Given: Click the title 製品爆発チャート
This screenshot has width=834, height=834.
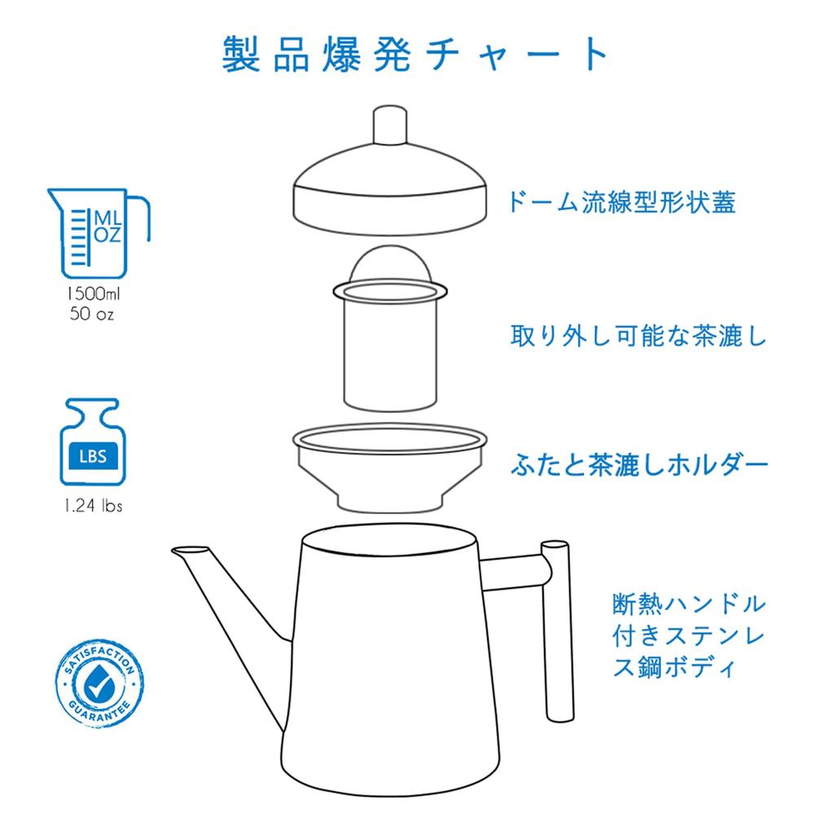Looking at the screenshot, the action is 415,54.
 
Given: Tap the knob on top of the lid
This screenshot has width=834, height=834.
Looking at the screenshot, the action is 390,125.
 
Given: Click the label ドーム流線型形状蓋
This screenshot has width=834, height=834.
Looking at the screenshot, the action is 621,202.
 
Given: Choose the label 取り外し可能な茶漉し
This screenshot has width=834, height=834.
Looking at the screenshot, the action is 639,336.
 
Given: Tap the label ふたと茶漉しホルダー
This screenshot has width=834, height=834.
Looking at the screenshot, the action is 639,465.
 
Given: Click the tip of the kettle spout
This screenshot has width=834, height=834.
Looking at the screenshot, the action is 173,551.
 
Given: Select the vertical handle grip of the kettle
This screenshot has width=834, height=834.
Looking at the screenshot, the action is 557,631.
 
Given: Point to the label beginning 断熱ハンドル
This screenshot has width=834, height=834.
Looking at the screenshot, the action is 689,635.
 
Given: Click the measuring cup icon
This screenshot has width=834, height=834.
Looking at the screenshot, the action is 99,233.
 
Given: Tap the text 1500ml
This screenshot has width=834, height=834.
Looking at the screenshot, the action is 93,293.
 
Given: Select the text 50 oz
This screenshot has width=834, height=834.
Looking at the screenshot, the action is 92,314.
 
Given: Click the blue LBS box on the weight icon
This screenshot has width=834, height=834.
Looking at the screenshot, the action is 93,456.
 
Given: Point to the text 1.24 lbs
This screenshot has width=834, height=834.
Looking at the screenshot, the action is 93,505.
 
